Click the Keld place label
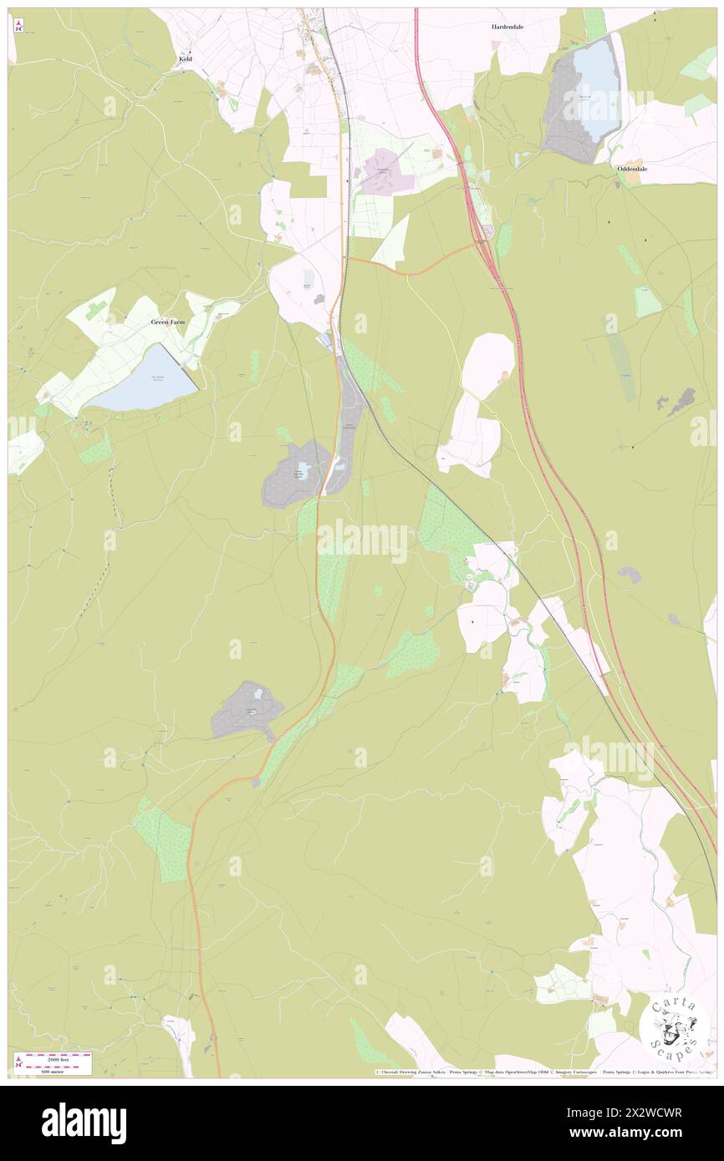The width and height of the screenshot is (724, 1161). click(186, 60)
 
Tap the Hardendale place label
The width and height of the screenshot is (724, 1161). click(507, 27)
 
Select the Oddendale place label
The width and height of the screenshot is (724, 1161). click(632, 168)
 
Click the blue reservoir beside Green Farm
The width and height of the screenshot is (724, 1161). click(146, 380)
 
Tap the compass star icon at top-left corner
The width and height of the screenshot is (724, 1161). click(18, 26)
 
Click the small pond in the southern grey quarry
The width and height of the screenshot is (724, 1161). click(258, 693)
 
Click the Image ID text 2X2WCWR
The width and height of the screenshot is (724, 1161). click(653, 1113)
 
